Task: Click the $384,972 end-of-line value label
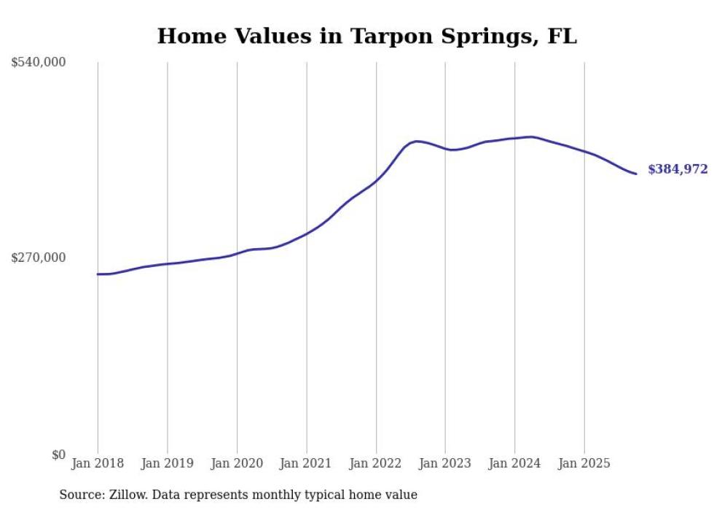677,169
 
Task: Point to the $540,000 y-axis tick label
39,63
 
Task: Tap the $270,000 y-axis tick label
39,258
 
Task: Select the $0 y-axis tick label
58,455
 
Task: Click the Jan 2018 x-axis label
98,463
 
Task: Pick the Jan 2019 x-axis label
168,463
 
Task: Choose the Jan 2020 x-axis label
237,463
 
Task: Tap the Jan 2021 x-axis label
306,463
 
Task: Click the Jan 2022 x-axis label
376,463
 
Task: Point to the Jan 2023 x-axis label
445,463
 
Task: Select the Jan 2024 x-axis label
515,463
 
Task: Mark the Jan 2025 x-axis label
584,463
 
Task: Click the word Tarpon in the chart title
385,36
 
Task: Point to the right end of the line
636,174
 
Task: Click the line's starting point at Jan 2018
98,274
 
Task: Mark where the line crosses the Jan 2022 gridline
376,179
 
